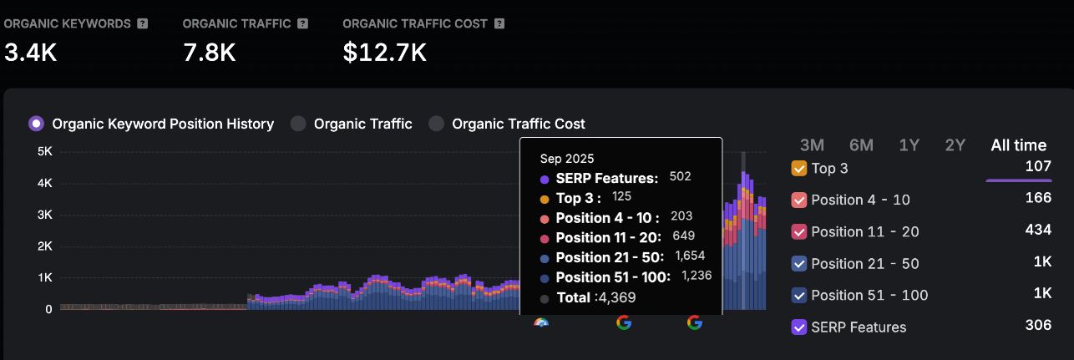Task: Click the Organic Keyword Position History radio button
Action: pos(36,124)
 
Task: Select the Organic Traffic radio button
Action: pos(298,124)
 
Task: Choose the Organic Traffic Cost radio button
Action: pos(436,124)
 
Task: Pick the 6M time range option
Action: pos(861,145)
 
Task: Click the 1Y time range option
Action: pos(909,145)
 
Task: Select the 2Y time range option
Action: pos(955,145)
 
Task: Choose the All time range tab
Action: pos(1018,145)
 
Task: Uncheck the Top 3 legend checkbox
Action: pos(798,169)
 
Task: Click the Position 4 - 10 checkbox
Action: pos(798,200)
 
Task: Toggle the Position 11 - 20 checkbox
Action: pos(798,232)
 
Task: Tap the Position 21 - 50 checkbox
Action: pos(798,264)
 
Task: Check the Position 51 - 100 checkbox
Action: pos(798,296)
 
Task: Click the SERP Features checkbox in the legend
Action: pos(798,327)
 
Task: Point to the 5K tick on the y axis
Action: pos(45,152)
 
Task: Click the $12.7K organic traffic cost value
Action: pos(384,53)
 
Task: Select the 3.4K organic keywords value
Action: pos(30,53)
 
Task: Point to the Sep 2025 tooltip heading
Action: pos(567,159)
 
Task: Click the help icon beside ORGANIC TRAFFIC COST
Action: pos(499,23)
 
